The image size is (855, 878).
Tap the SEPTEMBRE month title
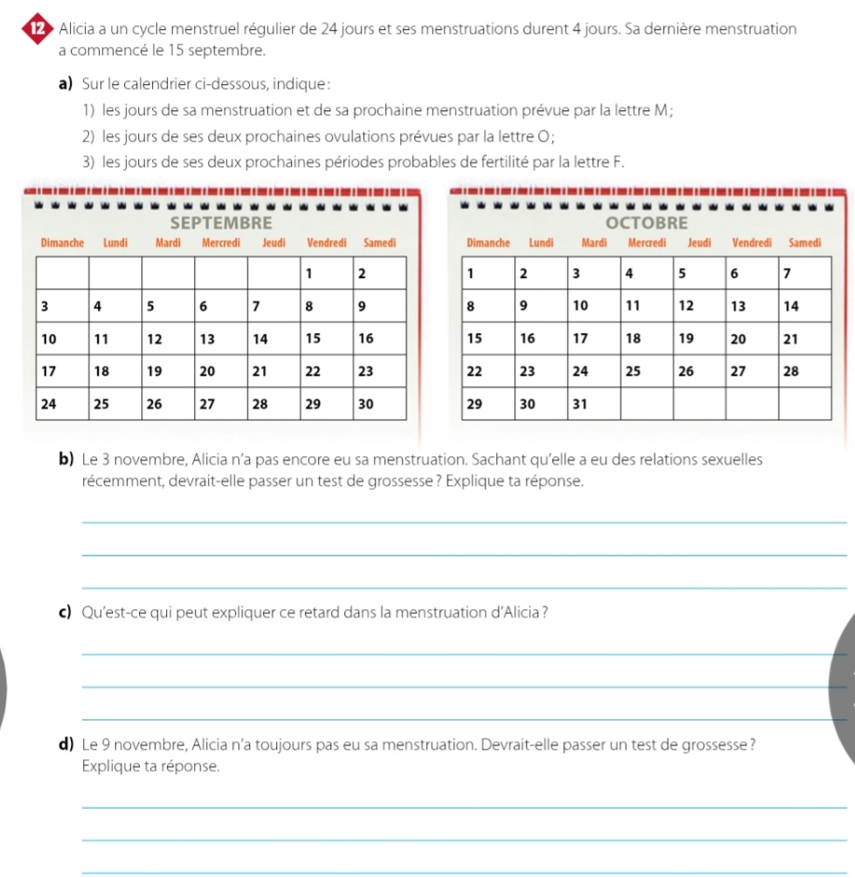click(222, 222)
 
